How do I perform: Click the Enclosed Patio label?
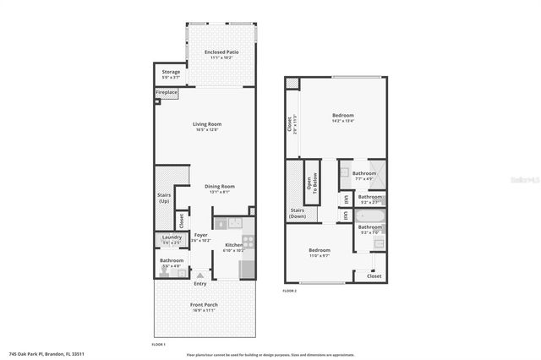[221, 53]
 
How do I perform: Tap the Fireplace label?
[167, 92]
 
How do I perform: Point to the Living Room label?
[207, 125]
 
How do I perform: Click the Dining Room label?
[220, 187]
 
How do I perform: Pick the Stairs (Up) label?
[164, 199]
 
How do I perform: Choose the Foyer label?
[200, 235]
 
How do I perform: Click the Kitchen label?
[233, 245]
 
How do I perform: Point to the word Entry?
[200, 283]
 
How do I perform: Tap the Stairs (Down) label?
[298, 214]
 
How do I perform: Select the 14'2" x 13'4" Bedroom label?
[342, 116]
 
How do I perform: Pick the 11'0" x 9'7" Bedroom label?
[319, 250]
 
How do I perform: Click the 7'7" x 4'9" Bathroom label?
[364, 174]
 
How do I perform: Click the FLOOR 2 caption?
[290, 291]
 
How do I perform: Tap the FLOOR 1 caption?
[158, 345]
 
